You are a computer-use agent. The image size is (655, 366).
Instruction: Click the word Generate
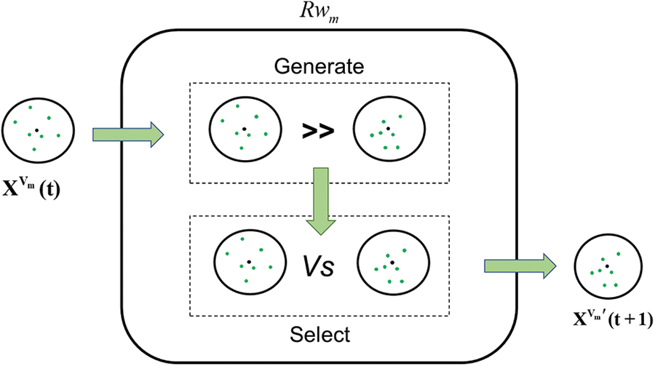[319, 68]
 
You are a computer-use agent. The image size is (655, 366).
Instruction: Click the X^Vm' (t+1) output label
[611, 319]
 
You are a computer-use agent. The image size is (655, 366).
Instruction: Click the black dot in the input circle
[36, 130]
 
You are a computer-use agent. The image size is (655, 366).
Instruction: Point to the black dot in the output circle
[607, 267]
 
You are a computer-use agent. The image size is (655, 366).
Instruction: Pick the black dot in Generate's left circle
[245, 130]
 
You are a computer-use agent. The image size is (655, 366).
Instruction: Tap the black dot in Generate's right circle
[388, 129]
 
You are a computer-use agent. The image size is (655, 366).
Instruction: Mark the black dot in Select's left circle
[248, 261]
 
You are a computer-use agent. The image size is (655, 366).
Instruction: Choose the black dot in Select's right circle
[392, 262]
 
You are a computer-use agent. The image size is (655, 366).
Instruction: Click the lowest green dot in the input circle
[34, 149]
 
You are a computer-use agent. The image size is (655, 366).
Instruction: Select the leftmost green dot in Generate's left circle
[221, 122]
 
